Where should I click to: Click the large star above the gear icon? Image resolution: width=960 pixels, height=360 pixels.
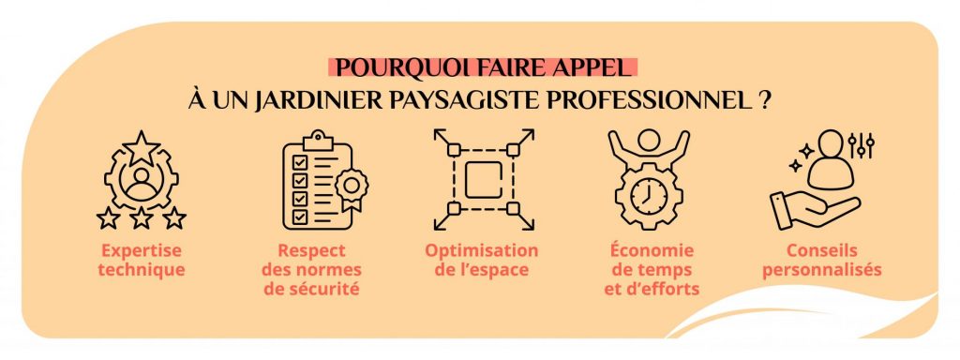[x=141, y=147]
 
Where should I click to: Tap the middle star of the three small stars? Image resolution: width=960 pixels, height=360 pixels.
[x=141, y=217]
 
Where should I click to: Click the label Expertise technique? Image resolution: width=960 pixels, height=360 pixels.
[x=142, y=261]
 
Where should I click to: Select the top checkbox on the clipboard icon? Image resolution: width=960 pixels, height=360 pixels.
[x=300, y=162]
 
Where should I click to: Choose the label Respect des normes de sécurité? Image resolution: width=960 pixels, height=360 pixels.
[x=311, y=269]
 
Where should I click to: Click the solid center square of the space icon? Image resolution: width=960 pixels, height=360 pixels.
[x=483, y=180]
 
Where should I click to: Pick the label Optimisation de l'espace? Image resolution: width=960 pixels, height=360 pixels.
[x=482, y=261]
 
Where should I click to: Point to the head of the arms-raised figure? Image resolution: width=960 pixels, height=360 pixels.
[x=649, y=140]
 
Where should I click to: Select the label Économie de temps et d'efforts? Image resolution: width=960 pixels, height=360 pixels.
[x=652, y=269]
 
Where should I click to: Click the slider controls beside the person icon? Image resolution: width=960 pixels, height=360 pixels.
[x=861, y=145]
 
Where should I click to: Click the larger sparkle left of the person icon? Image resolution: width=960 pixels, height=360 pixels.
[x=807, y=150]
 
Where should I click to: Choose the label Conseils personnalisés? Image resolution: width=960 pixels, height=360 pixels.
[x=822, y=261]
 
